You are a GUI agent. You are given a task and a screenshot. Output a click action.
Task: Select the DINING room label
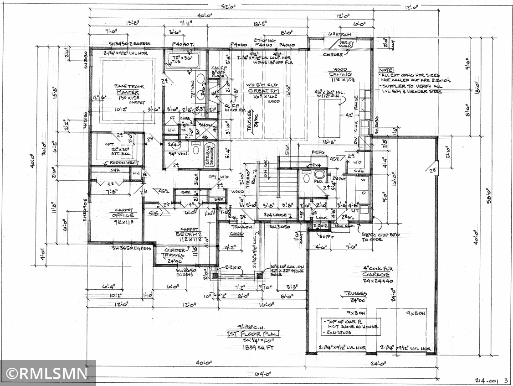(341, 74)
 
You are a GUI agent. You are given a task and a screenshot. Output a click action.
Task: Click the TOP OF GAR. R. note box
(350, 327)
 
